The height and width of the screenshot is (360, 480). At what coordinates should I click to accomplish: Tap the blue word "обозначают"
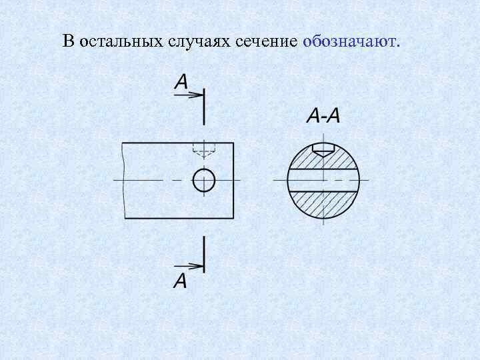coord(349,41)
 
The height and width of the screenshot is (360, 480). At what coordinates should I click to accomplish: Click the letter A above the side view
coord(181,81)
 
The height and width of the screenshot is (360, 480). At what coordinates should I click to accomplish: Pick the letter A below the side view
coord(180,281)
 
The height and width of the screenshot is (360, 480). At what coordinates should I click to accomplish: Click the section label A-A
coord(323,116)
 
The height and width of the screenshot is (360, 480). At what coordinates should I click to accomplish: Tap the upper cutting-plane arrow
coord(190,95)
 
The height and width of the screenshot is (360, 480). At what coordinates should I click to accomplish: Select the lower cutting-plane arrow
coord(190,267)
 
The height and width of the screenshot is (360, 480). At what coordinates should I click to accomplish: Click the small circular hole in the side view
coord(204,180)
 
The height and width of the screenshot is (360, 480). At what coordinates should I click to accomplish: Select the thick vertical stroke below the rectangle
coord(204,253)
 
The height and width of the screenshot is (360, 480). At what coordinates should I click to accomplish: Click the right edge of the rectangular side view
coord(233,180)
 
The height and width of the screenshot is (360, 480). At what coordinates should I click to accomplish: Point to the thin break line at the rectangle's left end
coord(125,180)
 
